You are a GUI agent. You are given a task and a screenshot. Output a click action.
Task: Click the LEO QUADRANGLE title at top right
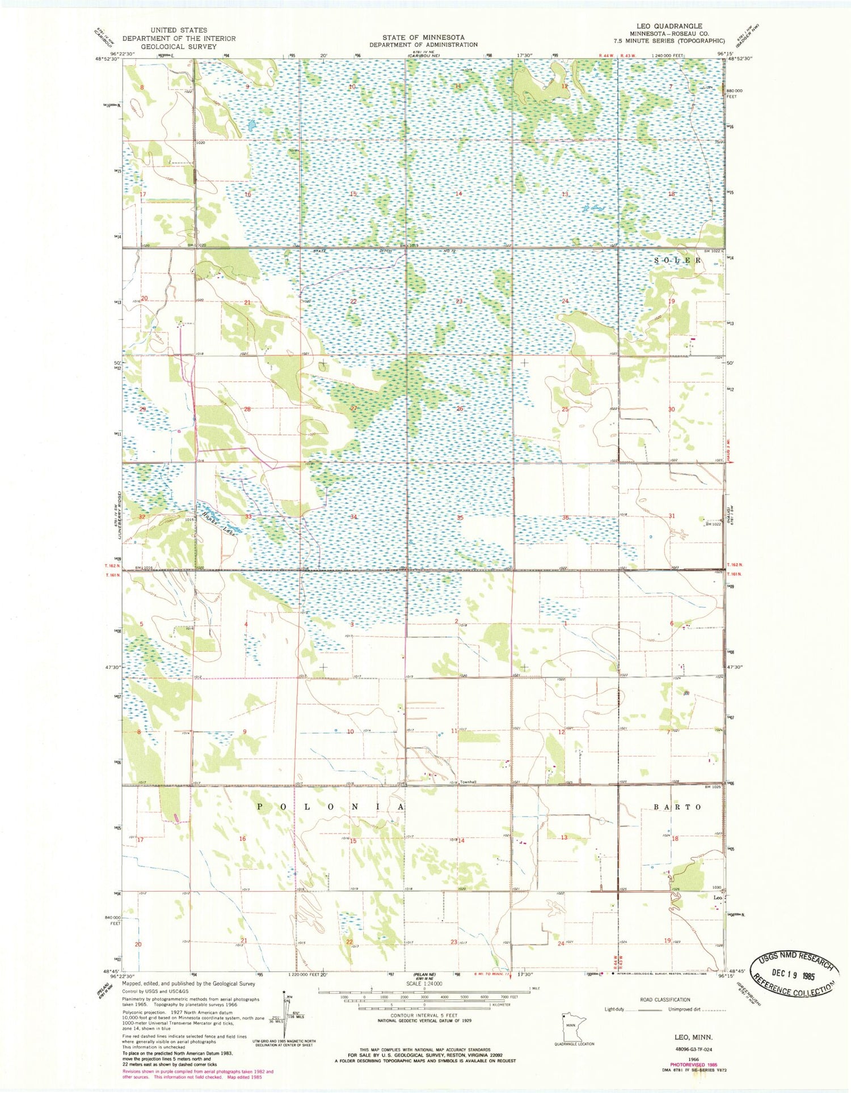click(677, 26)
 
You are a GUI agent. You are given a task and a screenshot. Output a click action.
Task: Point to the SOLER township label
click(677, 260)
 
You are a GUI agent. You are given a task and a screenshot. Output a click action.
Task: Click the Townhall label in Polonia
click(468, 782)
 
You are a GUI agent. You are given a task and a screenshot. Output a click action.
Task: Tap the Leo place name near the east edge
click(717, 898)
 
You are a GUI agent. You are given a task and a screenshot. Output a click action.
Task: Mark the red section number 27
click(353, 408)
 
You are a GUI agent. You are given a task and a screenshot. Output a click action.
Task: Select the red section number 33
click(248, 517)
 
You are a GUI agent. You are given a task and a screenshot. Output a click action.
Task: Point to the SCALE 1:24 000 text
click(424, 984)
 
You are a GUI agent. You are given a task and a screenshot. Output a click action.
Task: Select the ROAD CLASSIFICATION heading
click(665, 999)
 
